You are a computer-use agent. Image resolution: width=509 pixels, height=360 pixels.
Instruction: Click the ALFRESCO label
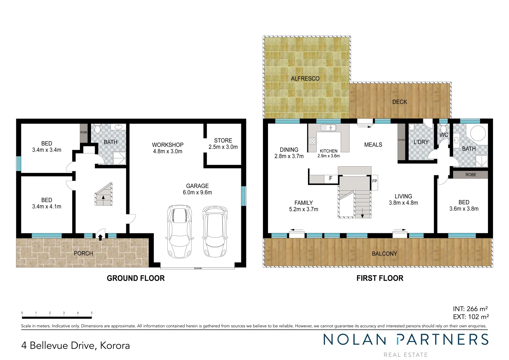pyautogui.click(x=305, y=79)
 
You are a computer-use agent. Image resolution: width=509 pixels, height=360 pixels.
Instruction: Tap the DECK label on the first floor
pyautogui.click(x=399, y=102)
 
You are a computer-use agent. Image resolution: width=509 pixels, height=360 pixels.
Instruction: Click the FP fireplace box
pyautogui.click(x=374, y=182)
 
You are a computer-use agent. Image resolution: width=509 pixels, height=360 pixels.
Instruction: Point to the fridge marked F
pyautogui.click(x=330, y=179)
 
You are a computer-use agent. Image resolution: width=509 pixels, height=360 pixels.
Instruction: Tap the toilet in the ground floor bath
pyautogui.click(x=97, y=128)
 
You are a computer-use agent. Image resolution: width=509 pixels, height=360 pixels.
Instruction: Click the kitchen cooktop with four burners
pyautogui.click(x=312, y=141)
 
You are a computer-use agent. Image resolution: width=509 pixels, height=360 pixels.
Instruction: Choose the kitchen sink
pyautogui.click(x=328, y=128)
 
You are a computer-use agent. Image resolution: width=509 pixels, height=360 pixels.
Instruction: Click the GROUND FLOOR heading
pyautogui.click(x=136, y=278)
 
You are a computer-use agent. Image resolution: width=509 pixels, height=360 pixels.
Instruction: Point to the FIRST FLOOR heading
pyautogui.click(x=380, y=278)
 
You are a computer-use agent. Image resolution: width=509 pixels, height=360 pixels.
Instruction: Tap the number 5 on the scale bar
pyautogui.click(x=92, y=313)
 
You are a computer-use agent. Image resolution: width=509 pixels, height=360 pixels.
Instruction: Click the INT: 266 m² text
pyautogui.click(x=470, y=309)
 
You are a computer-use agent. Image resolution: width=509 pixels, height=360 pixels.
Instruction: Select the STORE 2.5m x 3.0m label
pyautogui.click(x=223, y=144)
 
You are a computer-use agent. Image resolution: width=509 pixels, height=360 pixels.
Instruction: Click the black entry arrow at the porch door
pyautogui.click(x=100, y=237)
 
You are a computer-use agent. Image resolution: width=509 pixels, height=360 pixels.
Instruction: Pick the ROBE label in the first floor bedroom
pyautogui.click(x=471, y=175)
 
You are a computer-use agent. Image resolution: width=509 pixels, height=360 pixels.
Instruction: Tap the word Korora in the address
pyautogui.click(x=115, y=346)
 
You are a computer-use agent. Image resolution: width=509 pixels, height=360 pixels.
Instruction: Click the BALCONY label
pyautogui.click(x=384, y=254)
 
